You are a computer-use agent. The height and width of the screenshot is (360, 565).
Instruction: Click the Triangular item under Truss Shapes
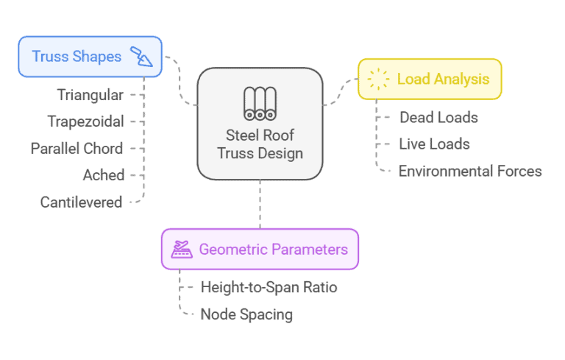click(x=90, y=95)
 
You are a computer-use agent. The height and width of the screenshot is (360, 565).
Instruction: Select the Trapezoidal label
click(x=86, y=121)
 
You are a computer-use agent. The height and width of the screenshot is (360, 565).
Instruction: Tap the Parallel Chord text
click(x=77, y=148)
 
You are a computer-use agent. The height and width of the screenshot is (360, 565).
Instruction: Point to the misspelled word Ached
click(x=103, y=175)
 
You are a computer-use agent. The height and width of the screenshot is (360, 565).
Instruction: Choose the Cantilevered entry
click(x=81, y=202)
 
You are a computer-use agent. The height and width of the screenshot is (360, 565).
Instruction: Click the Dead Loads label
click(x=438, y=117)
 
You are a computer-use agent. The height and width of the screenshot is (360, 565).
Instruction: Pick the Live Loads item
click(x=434, y=144)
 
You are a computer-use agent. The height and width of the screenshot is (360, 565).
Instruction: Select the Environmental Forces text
click(x=470, y=172)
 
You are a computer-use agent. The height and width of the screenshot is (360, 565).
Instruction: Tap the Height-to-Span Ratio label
click(x=269, y=287)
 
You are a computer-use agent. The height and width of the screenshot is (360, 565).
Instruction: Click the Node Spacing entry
click(x=246, y=314)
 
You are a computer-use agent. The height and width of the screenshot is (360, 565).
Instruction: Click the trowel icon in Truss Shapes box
click(x=141, y=57)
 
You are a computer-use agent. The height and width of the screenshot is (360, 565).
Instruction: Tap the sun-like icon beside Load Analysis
click(x=378, y=79)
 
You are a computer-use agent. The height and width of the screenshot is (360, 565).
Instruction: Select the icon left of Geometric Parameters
click(x=182, y=250)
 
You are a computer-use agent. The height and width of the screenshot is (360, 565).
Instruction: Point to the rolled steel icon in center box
click(x=260, y=103)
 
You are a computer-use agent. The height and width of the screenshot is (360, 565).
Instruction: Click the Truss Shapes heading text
click(x=77, y=57)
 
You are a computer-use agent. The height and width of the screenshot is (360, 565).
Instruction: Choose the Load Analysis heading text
click(x=443, y=79)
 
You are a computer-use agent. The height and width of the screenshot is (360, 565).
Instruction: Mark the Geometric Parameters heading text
click(x=273, y=250)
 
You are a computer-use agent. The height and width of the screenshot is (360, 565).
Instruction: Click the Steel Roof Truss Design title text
click(x=260, y=144)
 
